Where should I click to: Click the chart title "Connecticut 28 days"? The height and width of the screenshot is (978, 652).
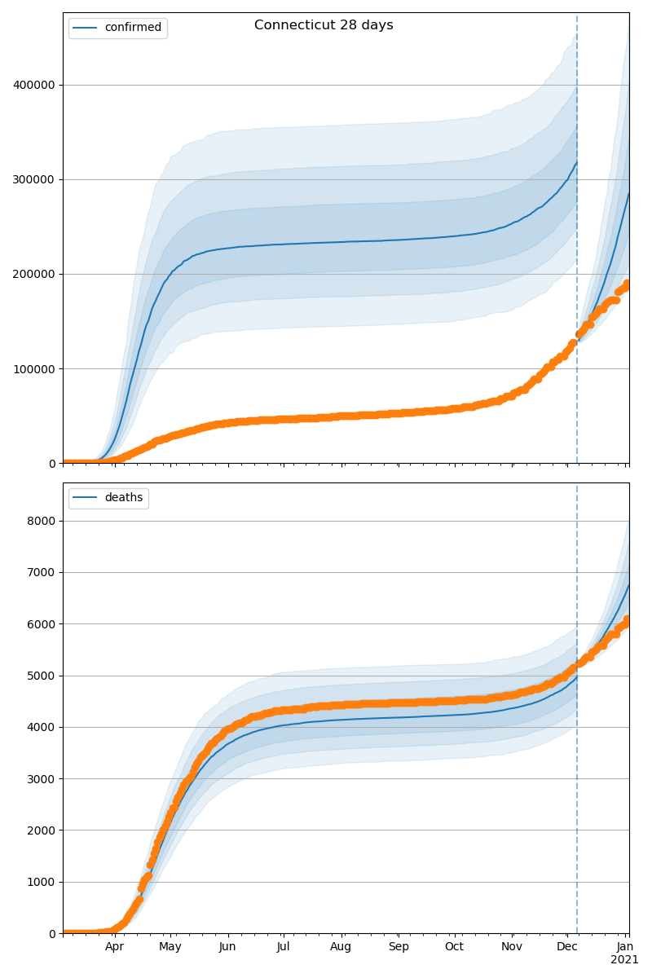[x=324, y=25]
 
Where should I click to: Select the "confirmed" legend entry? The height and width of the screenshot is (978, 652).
[x=133, y=28]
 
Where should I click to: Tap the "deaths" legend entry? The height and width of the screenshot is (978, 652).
[x=123, y=498]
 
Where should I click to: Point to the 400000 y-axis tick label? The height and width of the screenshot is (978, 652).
[x=34, y=85]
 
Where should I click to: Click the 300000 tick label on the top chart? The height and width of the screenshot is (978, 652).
[x=34, y=179]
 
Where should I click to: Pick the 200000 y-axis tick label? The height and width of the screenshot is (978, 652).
[x=34, y=274]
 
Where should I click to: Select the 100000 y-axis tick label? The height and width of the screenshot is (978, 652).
[x=34, y=368]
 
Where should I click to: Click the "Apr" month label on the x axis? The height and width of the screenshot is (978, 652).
[x=114, y=947]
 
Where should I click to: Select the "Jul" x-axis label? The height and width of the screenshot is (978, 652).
[x=283, y=947]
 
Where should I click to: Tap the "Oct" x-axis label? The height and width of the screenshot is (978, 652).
[x=454, y=947]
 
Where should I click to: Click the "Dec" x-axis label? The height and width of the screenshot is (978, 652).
[x=567, y=947]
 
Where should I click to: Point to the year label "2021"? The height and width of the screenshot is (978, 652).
[x=625, y=960]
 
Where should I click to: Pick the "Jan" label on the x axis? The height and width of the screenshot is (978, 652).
[x=625, y=947]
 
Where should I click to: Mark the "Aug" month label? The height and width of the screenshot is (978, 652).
[x=341, y=947]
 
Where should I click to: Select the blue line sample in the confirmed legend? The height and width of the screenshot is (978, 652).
[x=86, y=28]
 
